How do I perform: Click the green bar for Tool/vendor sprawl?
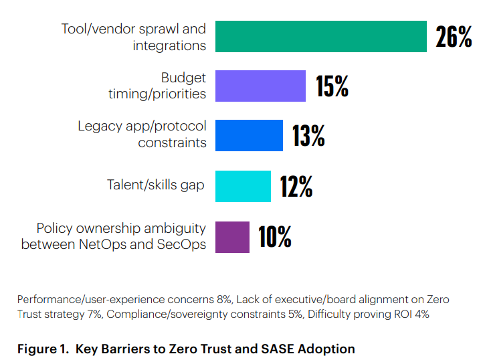320,36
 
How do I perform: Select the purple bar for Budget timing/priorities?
260,86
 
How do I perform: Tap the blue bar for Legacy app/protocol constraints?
249,135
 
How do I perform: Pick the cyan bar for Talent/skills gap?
243,185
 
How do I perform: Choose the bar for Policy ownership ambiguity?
232,236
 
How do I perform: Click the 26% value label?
454,37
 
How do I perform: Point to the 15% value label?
332,86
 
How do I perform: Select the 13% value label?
308,136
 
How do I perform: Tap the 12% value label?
296,186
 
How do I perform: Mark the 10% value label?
275,237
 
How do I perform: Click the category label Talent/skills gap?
155,185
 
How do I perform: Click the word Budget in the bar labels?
183,78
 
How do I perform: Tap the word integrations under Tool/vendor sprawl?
169,46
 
